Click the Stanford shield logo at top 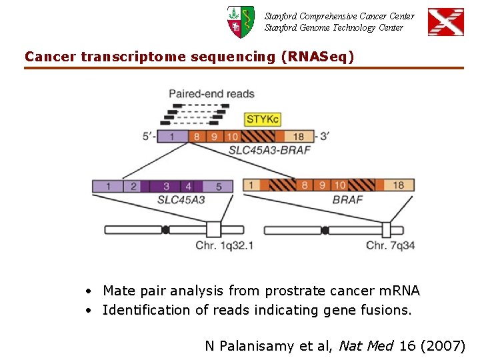(240, 21)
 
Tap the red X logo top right (445, 21)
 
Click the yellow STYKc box (263, 119)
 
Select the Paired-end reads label (211, 94)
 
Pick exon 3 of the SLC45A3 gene (166, 186)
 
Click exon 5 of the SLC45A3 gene (219, 186)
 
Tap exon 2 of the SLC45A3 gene (133, 186)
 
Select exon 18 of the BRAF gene (398, 185)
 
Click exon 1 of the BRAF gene (251, 185)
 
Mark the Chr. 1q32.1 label (225, 246)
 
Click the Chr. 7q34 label (390, 246)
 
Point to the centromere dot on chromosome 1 (165, 230)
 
